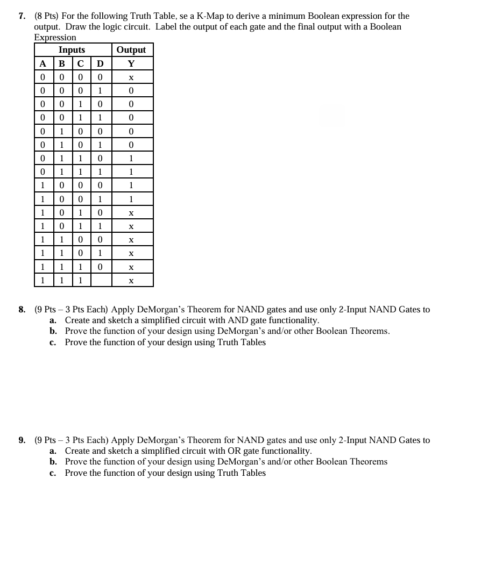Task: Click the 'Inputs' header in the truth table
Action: (x=72, y=50)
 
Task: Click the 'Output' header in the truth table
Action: (x=131, y=50)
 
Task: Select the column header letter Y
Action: (x=131, y=63)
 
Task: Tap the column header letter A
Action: (x=43, y=63)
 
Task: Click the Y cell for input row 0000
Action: (x=131, y=77)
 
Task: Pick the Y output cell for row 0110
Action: (x=131, y=159)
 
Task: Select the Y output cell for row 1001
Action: (x=131, y=199)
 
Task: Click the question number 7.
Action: (x=22, y=16)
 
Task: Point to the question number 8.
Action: (x=22, y=310)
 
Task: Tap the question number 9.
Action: (x=22, y=440)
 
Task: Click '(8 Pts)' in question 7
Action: (x=49, y=16)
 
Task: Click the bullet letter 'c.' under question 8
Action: (x=53, y=342)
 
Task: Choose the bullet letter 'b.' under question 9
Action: (x=53, y=462)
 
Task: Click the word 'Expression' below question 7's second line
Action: (x=55, y=37)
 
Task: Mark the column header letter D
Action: (x=100, y=63)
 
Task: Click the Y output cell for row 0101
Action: (x=131, y=145)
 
